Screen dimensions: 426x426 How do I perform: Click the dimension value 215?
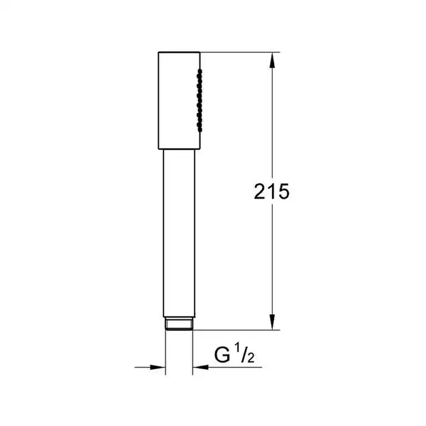pyautogui.click(x=271, y=192)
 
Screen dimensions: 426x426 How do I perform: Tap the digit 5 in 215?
pyautogui.click(x=283, y=192)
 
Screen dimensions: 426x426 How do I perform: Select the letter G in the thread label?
pyautogui.click(x=222, y=355)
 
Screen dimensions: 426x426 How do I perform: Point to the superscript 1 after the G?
pyautogui.click(x=237, y=348)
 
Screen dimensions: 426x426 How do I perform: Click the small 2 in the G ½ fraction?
pyautogui.click(x=251, y=358)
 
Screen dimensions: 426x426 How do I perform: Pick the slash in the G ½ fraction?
pyautogui.click(x=244, y=354)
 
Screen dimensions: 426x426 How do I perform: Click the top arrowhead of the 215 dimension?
pyautogui.click(x=272, y=60)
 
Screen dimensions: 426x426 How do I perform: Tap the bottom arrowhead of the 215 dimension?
pyautogui.click(x=272, y=322)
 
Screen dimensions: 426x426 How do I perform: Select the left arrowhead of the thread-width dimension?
pyautogui.click(x=158, y=367)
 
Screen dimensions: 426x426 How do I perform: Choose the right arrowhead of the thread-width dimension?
pyautogui.click(x=200, y=367)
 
